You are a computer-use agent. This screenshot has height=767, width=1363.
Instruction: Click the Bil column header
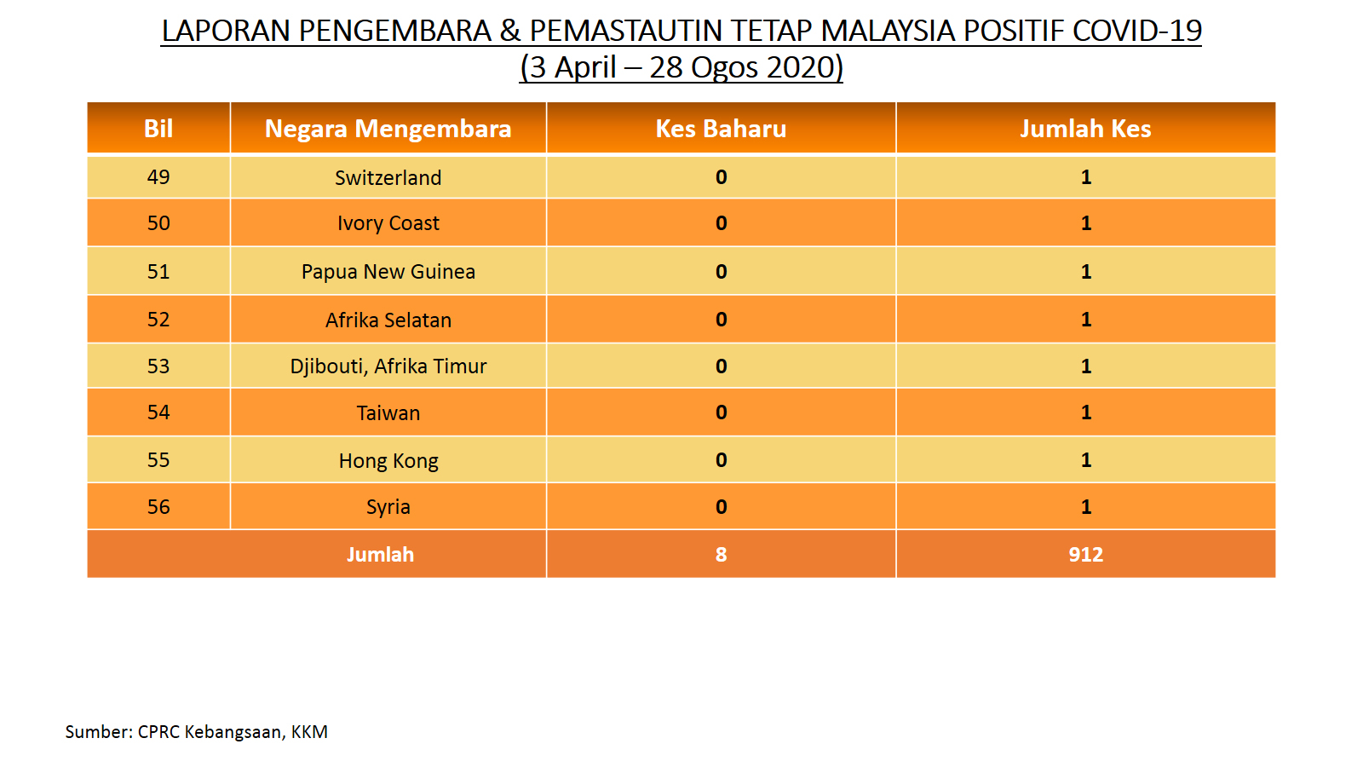tap(158, 129)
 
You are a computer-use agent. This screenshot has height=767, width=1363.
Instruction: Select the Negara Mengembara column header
tap(388, 129)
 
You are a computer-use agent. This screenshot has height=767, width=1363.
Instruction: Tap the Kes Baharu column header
tap(721, 129)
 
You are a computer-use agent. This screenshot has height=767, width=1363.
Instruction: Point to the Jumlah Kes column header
tap(1085, 129)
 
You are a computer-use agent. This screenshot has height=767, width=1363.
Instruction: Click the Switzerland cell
tap(388, 178)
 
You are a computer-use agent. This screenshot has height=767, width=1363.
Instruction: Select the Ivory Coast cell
tap(388, 223)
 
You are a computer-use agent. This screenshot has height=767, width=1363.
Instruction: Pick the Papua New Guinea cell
tap(388, 272)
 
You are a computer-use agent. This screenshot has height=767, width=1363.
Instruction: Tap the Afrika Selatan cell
tap(388, 320)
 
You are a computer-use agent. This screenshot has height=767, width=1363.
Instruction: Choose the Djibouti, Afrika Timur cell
tap(388, 366)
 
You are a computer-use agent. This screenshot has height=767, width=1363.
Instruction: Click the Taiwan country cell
tap(388, 413)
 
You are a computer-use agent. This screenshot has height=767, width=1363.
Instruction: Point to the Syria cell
tap(388, 507)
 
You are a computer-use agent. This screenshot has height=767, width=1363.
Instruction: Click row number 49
tap(158, 177)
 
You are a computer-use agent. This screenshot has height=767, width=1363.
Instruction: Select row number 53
tap(158, 366)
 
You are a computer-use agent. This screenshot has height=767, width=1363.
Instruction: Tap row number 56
tap(158, 507)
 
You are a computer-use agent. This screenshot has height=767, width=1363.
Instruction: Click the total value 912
tap(1085, 555)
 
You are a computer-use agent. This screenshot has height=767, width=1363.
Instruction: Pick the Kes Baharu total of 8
tap(721, 555)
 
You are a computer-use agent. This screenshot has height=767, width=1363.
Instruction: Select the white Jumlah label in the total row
tap(380, 555)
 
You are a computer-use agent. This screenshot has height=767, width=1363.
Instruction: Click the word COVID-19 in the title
tap(1136, 31)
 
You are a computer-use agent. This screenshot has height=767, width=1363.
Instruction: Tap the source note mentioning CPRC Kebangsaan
tap(197, 732)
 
